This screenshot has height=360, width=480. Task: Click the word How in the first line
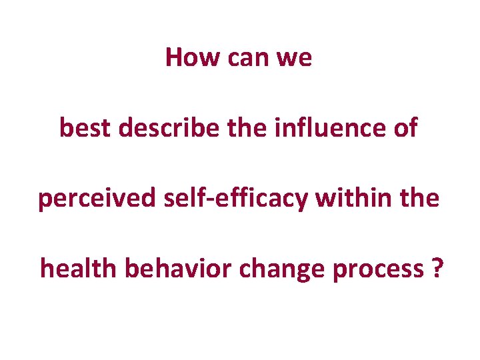click(193, 57)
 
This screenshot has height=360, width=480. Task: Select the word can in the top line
click(248, 59)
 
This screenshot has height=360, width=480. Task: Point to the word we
click(294, 59)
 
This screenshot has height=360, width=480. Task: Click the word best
click(85, 128)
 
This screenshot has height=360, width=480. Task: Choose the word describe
click(169, 128)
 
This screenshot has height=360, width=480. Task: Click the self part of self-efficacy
click(179, 198)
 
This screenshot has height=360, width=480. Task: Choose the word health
click(78, 269)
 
